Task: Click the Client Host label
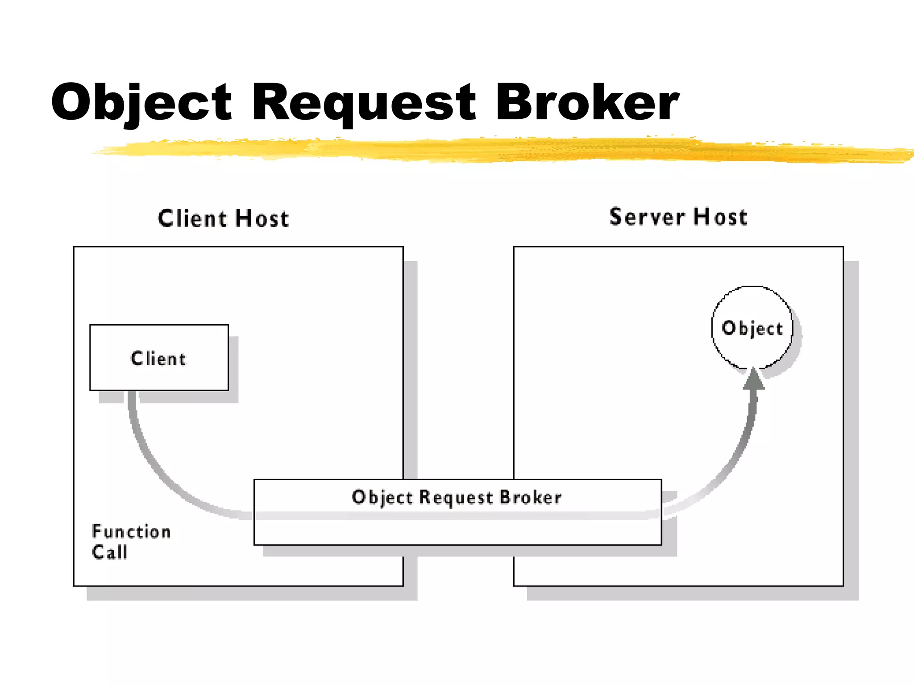(224, 219)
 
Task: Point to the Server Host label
(678, 217)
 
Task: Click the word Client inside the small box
(158, 359)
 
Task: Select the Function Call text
(131, 541)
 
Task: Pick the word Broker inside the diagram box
(530, 497)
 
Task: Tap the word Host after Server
(720, 217)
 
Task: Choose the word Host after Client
(262, 219)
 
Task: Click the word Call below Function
(110, 552)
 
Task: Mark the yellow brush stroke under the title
(491, 150)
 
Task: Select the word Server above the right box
(647, 217)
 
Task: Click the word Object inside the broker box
(382, 498)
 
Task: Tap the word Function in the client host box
(131, 531)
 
